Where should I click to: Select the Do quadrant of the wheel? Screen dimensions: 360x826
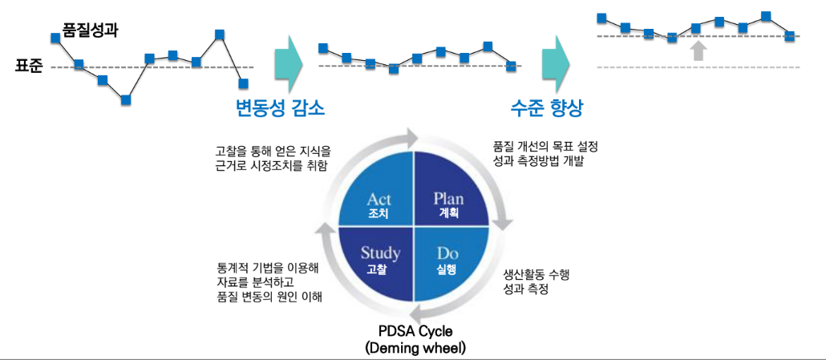pos(449,261)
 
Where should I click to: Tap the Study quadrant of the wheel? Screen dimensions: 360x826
pos(376,261)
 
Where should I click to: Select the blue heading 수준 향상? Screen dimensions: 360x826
pos(547,107)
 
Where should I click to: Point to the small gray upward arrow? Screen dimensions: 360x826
pos(698,51)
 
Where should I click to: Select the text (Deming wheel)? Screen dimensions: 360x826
pos(415,348)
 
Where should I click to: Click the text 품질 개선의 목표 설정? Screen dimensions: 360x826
pos(545,148)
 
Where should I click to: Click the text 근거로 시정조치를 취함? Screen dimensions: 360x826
pos(272,165)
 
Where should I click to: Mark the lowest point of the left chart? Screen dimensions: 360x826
pos(126,99)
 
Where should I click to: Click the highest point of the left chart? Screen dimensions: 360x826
pos(219,34)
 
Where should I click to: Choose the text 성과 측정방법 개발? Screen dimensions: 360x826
pos(540,162)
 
